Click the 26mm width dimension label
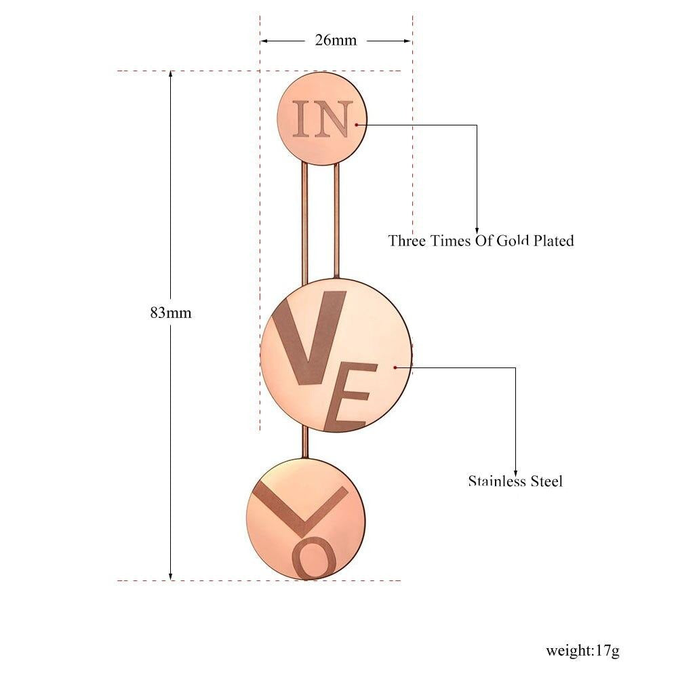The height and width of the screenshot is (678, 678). pyautogui.click(x=336, y=40)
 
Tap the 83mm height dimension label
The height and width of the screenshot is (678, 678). pyautogui.click(x=171, y=312)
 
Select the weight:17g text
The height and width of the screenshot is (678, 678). pyautogui.click(x=582, y=650)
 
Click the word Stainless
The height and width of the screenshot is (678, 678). pyautogui.click(x=497, y=481)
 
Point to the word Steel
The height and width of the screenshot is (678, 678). pyautogui.click(x=546, y=481)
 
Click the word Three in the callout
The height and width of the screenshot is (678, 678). pyautogui.click(x=406, y=241)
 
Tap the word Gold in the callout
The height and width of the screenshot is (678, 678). pyautogui.click(x=513, y=241)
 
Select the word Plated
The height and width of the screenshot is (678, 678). pyautogui.click(x=553, y=241)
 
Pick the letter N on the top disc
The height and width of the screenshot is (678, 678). pyautogui.click(x=333, y=119)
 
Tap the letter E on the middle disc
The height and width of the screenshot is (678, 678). pyautogui.click(x=351, y=397)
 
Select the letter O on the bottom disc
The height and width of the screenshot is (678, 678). pyautogui.click(x=315, y=558)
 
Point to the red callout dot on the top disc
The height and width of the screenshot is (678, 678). pyautogui.click(x=357, y=125)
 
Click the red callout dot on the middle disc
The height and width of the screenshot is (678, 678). pyautogui.click(x=395, y=367)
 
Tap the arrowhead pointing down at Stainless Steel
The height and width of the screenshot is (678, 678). pyautogui.click(x=515, y=472)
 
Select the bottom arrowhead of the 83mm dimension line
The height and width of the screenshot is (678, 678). pyautogui.click(x=171, y=576)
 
